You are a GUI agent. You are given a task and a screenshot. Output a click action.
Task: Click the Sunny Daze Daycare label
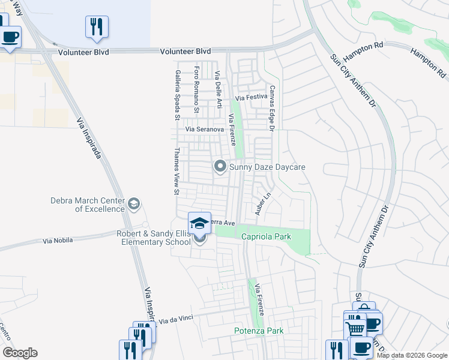[268, 166]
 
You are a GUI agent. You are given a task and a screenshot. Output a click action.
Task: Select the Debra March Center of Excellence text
[87, 205]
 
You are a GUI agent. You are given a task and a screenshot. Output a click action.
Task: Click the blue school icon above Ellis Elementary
[199, 223]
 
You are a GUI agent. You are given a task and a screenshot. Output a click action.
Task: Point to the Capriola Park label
[266, 237]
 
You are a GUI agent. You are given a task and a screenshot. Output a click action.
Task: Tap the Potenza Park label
[258, 331]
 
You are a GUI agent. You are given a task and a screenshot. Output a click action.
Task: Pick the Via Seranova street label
[205, 129]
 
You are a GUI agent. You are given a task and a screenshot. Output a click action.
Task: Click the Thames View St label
[176, 171]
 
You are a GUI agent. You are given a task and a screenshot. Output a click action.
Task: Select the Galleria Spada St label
[178, 91]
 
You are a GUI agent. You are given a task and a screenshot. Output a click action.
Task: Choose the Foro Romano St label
[196, 91]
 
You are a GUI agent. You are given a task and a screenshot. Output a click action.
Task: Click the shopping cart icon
[355, 328]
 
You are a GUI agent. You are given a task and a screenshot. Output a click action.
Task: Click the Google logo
[20, 353]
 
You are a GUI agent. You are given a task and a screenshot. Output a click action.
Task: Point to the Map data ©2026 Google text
[412, 355]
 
